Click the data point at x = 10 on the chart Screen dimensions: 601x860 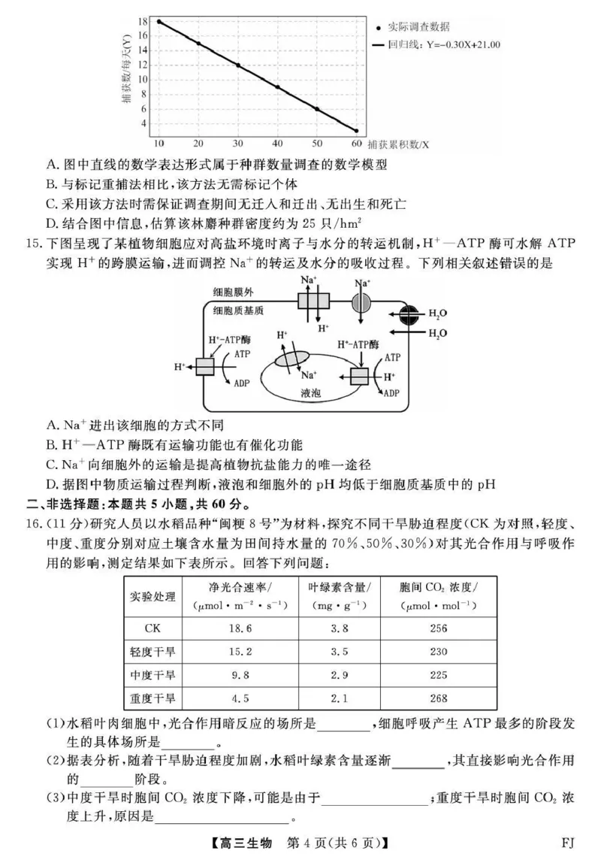159,22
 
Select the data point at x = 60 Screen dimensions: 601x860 356,131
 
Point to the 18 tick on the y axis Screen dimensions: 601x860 143,22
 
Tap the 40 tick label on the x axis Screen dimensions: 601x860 277,143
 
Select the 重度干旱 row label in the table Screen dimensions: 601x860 153,698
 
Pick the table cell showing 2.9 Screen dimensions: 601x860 340,674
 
